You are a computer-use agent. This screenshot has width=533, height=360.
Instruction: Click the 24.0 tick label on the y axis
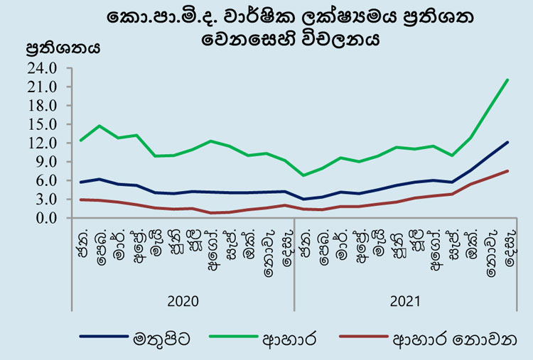click(42, 68)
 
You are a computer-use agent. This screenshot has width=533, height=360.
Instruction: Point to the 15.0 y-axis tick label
click(42, 124)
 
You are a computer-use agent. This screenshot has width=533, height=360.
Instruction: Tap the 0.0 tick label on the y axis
click(46, 218)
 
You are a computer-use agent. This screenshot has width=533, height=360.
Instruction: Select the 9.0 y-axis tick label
click(46, 162)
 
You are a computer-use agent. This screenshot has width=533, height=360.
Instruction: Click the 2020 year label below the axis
click(183, 301)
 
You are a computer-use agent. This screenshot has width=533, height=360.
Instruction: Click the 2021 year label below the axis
click(405, 301)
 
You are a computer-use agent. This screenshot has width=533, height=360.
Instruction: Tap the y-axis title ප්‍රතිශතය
click(63, 48)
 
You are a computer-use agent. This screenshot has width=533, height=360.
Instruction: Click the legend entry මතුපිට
click(161, 339)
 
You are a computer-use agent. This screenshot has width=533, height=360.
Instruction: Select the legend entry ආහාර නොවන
click(455, 339)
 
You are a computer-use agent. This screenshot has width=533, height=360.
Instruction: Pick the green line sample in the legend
click(234, 337)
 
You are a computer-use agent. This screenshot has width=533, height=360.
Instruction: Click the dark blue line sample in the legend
click(104, 337)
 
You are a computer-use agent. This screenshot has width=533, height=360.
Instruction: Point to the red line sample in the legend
click(364, 337)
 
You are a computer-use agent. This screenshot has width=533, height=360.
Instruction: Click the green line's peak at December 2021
click(507, 80)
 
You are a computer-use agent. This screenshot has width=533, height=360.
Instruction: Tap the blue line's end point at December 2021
click(507, 142)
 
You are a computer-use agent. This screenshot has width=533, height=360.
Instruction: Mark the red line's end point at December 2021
click(507, 171)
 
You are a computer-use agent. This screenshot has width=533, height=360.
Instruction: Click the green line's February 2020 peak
click(99, 126)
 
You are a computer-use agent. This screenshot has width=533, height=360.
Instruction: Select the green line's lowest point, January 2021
click(303, 175)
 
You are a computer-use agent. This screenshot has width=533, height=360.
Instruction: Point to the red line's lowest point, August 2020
click(211, 213)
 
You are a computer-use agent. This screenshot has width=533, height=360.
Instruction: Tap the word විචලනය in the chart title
click(340, 39)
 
